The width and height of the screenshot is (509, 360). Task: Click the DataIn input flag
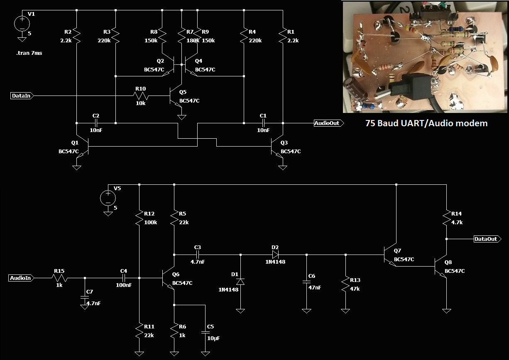22,96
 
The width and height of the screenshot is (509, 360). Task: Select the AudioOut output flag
329,123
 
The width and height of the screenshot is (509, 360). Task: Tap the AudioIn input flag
22,278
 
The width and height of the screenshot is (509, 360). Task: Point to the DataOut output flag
487,239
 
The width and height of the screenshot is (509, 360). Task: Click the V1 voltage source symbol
22,24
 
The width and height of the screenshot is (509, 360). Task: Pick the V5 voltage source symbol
108,198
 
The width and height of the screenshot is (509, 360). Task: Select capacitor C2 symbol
96,123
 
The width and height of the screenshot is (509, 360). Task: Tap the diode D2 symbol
275,255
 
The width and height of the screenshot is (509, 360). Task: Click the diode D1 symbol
240,282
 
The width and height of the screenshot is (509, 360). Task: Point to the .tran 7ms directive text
29,53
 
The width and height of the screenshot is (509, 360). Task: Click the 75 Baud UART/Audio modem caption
426,123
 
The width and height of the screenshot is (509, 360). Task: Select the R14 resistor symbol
446,218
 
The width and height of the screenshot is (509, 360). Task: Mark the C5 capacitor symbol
206,332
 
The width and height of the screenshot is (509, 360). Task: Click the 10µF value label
213,338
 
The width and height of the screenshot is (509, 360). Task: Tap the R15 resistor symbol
59,278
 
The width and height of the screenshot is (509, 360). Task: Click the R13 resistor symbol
345,284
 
